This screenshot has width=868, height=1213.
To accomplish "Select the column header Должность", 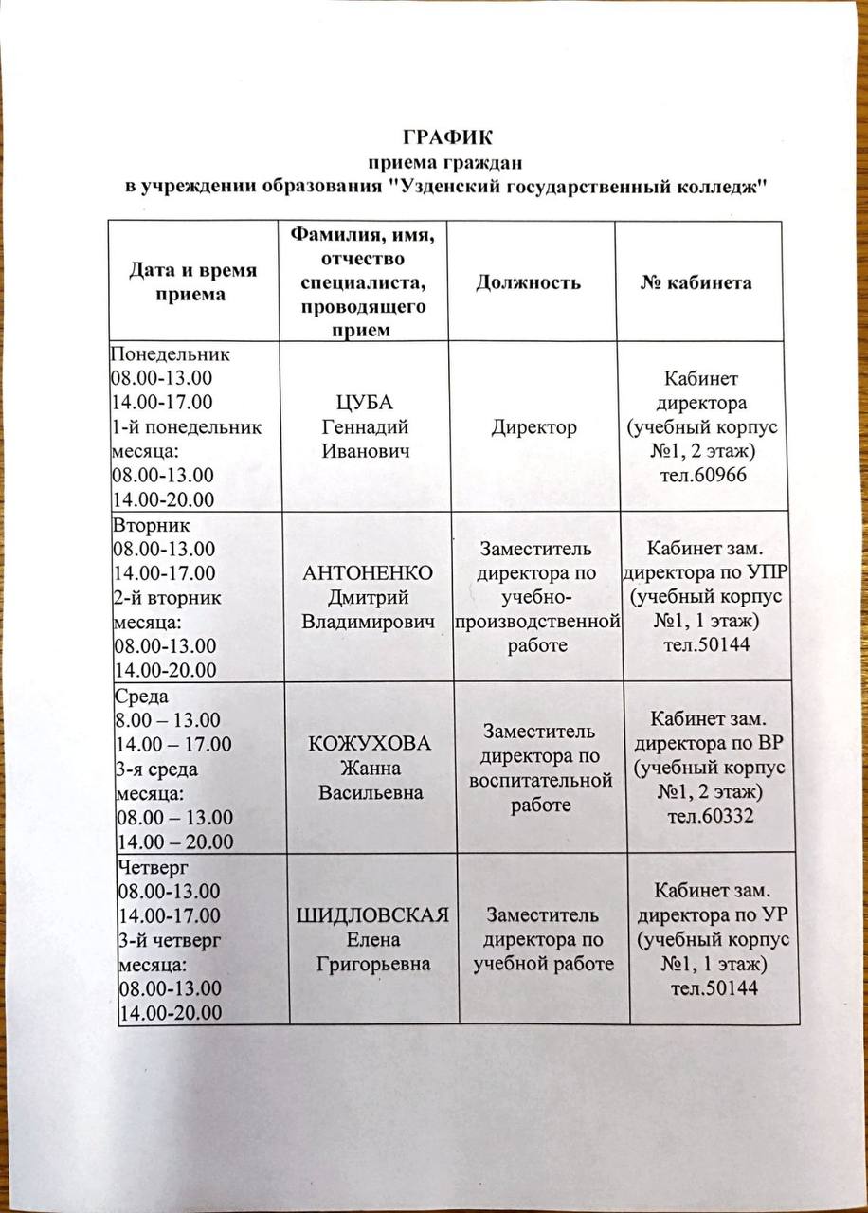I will tap(528, 282).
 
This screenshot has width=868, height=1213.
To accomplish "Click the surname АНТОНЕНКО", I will tap(368, 574).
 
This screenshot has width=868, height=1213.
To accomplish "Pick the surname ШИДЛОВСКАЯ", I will tap(372, 915).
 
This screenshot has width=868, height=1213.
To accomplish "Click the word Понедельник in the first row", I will tap(171, 355).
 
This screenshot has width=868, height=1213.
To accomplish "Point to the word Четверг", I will tap(154, 865).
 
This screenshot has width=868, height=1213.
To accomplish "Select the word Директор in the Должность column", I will tap(533, 427).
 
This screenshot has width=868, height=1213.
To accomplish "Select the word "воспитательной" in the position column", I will tap(537, 780).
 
